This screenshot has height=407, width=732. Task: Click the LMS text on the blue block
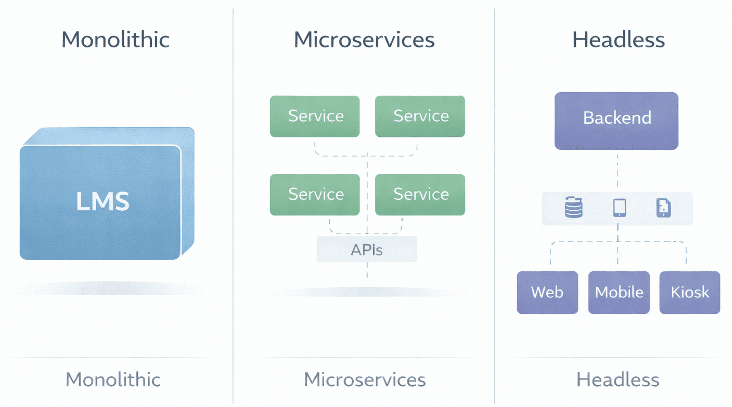(x=102, y=201)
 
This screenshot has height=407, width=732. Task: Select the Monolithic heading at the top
(x=115, y=40)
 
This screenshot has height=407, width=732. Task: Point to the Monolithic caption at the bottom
(x=113, y=379)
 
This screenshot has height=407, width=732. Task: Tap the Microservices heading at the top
(x=364, y=40)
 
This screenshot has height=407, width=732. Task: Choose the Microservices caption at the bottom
(x=365, y=379)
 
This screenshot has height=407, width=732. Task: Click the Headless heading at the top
(x=619, y=40)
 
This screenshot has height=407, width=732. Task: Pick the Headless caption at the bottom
(x=618, y=379)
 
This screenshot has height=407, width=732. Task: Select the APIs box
(x=367, y=249)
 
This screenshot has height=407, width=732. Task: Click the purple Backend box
(x=617, y=121)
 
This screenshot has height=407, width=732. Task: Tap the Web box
(x=547, y=292)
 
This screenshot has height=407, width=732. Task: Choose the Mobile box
(x=619, y=292)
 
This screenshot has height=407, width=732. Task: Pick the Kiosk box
(x=690, y=292)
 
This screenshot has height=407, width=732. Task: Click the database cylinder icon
(x=573, y=208)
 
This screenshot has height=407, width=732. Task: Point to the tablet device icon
(x=619, y=208)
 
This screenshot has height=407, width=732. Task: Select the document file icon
(x=663, y=208)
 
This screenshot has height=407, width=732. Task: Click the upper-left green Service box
(x=315, y=116)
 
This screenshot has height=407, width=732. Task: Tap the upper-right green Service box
(x=420, y=116)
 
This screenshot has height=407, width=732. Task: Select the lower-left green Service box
(x=315, y=195)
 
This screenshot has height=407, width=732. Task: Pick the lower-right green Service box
(x=420, y=195)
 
